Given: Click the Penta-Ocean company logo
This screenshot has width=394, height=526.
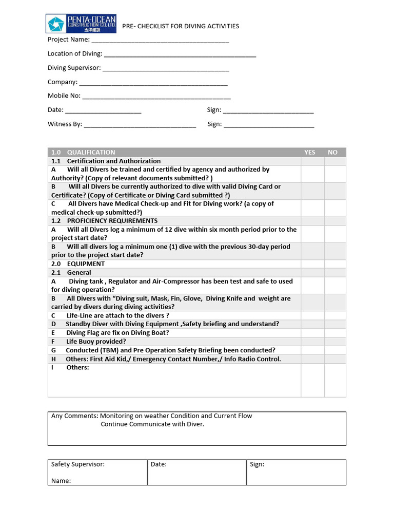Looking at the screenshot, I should [81, 24].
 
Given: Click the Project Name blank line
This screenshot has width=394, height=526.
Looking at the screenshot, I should [160, 41].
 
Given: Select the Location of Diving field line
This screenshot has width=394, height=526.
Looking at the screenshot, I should [180, 55].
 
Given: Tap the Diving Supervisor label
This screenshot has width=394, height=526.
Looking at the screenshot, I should [74, 68].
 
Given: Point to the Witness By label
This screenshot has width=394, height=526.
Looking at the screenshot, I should [65, 124].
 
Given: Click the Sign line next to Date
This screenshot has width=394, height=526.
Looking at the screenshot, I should [268, 111].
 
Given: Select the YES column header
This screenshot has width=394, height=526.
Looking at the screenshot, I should [310, 153].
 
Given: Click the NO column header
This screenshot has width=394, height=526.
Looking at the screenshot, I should [333, 153].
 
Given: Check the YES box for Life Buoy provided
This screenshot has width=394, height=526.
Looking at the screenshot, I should [312, 342].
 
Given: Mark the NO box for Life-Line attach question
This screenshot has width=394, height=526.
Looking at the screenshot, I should [336, 315].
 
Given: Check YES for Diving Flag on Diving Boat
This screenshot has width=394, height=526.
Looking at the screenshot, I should [312, 333].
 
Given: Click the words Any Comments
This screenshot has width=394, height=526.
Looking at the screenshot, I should [74, 416].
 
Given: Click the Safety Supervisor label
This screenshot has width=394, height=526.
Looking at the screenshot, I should [78, 464].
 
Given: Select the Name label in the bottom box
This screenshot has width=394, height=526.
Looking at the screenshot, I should [61, 481].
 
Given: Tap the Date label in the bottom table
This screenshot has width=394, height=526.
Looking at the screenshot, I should [159, 464].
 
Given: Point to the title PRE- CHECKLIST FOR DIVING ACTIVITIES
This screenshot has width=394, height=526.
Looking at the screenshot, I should [181, 26].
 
